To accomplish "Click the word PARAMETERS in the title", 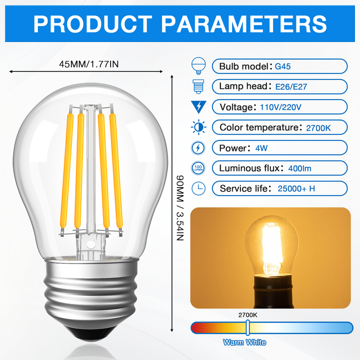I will pos(244,23).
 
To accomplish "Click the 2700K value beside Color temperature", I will pos(318,127).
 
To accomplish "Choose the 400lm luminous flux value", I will pos(299,168).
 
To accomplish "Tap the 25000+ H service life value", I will pos(296,188).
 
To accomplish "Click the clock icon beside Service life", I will pos(198,188).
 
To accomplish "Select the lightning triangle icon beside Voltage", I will pos(198,106).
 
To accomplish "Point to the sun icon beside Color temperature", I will pos(198,127).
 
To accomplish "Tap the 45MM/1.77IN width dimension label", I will pos(89,63).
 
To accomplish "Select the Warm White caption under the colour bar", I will pos(244,342).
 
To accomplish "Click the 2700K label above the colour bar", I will pos(248,315).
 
